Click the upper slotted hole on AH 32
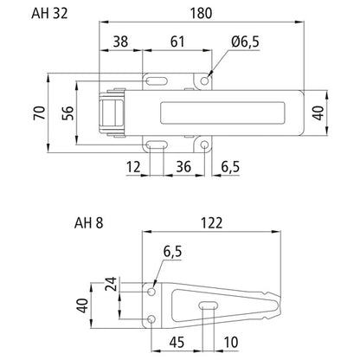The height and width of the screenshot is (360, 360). tap(156, 81)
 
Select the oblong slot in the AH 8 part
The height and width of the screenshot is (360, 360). tap(209, 305)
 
